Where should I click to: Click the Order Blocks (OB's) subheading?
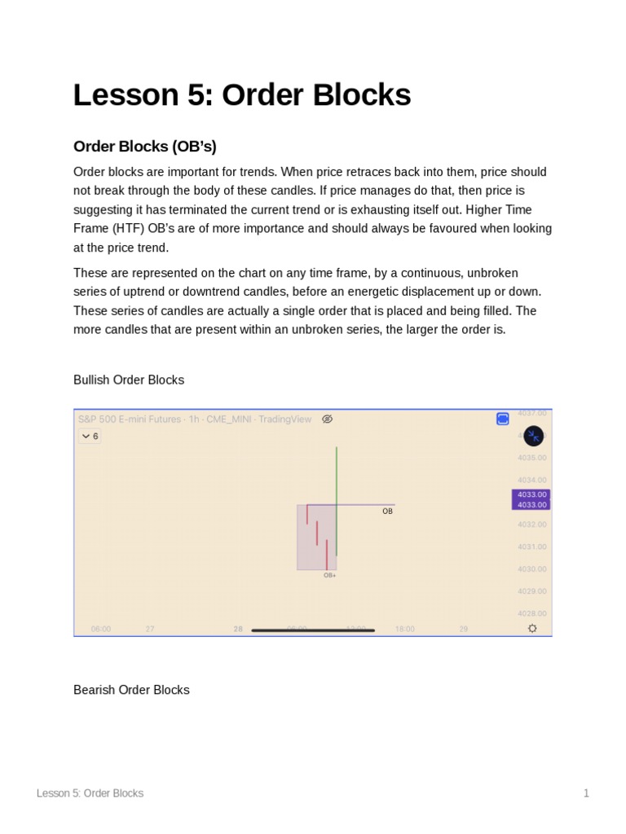tap(144, 147)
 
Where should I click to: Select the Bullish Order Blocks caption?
tap(129, 380)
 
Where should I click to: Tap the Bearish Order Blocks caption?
tap(131, 690)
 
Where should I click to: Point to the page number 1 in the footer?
tap(586, 793)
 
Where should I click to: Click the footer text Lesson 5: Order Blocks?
tap(90, 793)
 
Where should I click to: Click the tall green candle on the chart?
tap(337, 497)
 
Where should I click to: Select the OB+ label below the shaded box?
tap(329, 575)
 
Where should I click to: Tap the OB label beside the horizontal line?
tap(387, 511)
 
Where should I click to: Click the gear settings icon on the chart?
tap(532, 629)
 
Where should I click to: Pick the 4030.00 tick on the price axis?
tap(531, 569)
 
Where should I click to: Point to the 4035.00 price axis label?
tap(531, 458)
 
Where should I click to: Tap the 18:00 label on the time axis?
tap(404, 629)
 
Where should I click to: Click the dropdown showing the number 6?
tap(90, 437)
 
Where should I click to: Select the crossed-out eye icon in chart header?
tap(327, 419)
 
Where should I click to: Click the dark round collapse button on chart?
tap(533, 437)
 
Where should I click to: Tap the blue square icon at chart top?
tap(503, 419)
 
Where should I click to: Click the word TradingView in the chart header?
tap(284, 419)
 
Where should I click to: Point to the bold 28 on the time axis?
tap(238, 629)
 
